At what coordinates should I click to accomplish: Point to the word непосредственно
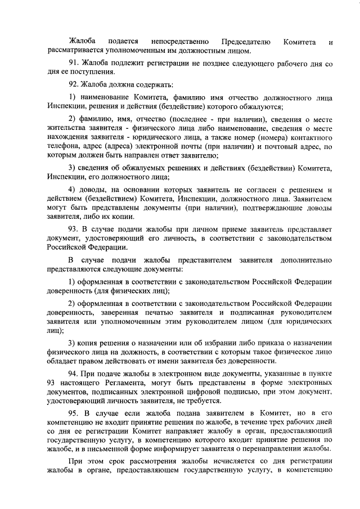pos(181,42)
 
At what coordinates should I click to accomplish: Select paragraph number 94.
pos(74,374)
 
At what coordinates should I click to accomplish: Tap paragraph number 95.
pos(74,413)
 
